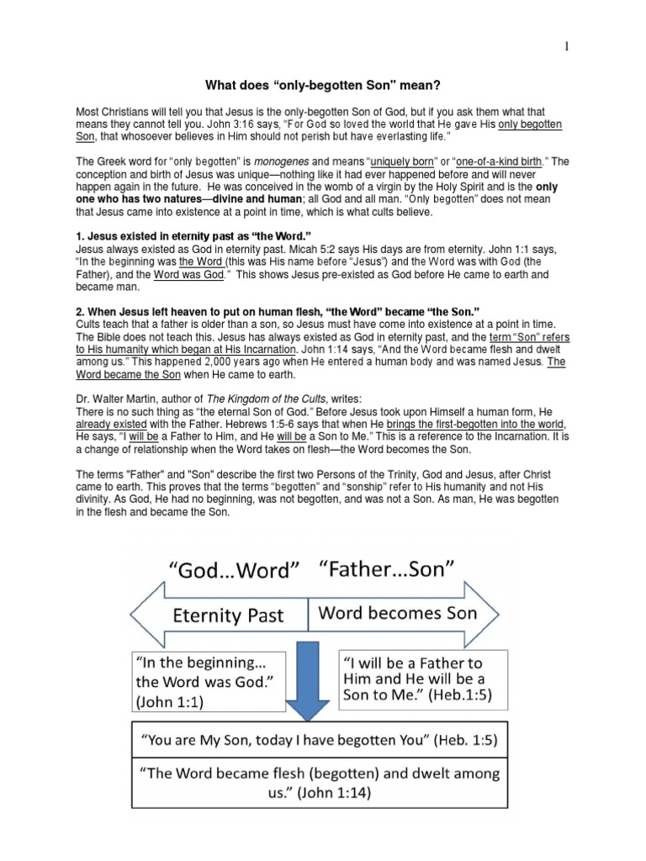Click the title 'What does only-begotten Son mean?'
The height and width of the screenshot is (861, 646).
[x=323, y=85]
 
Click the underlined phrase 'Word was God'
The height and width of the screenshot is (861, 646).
[x=188, y=274]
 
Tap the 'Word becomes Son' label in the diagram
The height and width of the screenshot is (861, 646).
[x=396, y=613]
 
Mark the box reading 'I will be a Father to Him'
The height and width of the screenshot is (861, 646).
[x=422, y=678]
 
